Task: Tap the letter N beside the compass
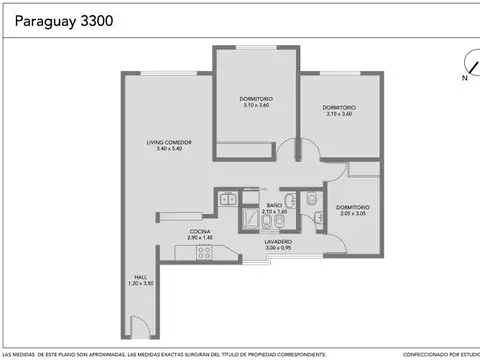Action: [x=464, y=77]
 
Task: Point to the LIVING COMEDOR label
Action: [x=167, y=142]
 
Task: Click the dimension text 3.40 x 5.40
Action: [x=167, y=149]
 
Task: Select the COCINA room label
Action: [x=199, y=231]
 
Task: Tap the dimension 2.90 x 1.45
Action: [x=199, y=237]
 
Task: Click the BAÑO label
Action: [x=273, y=205]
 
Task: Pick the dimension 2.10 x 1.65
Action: [x=273, y=212]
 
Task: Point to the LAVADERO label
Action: [x=278, y=241]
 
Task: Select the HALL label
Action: [x=141, y=277]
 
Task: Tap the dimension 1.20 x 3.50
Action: [x=141, y=284]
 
